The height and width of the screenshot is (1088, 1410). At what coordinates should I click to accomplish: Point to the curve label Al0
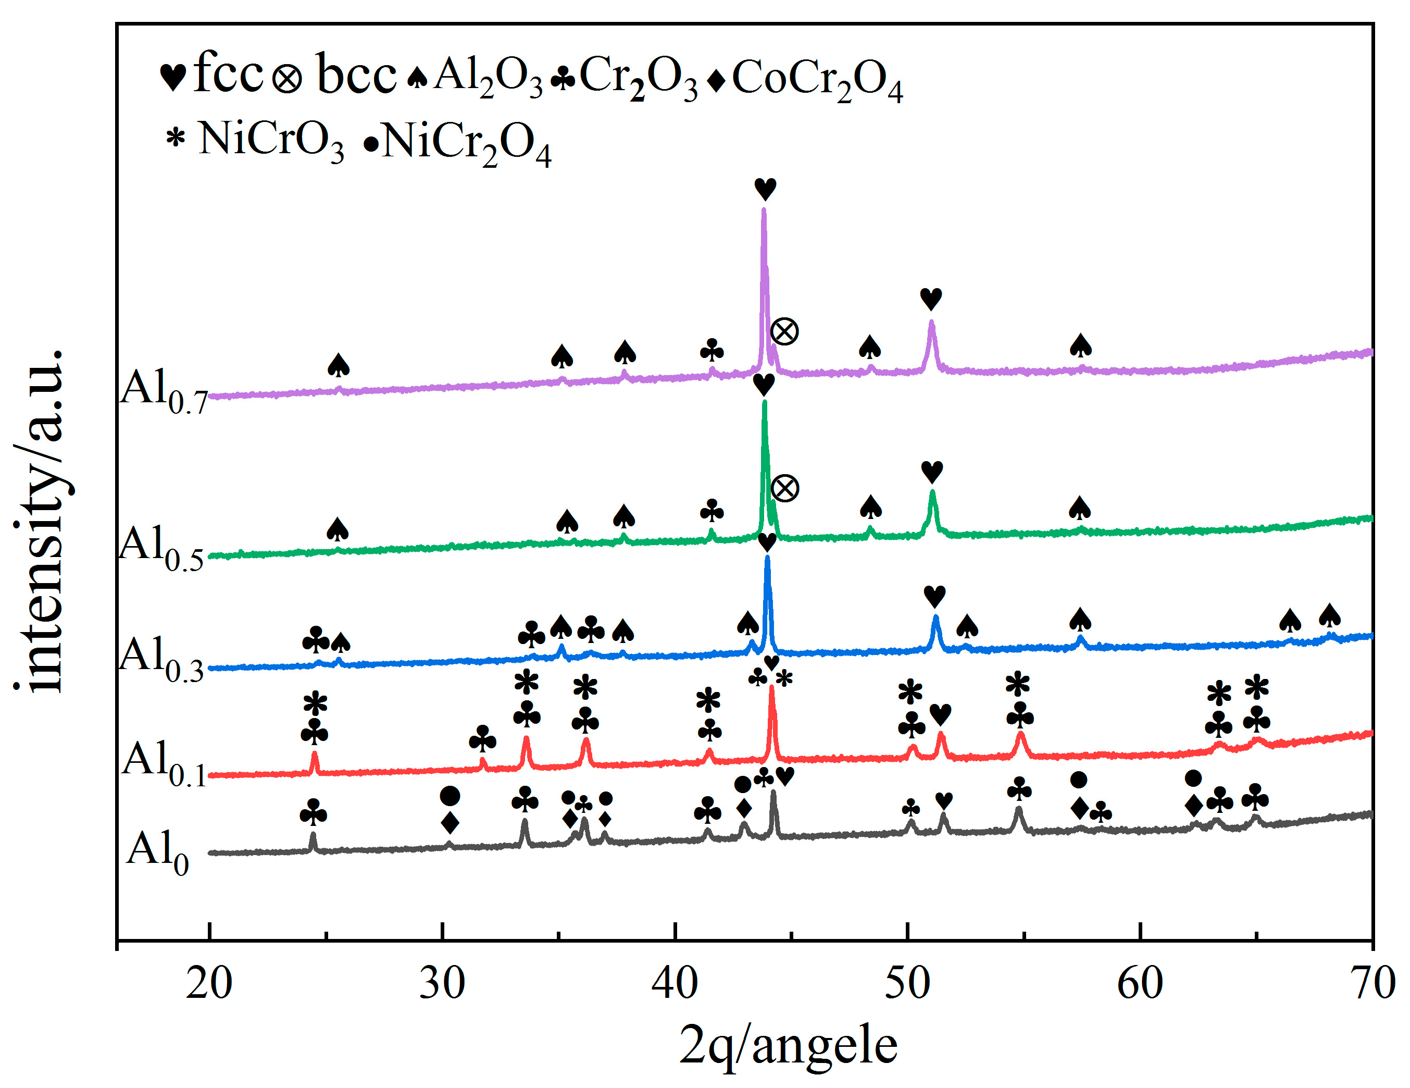[157, 852]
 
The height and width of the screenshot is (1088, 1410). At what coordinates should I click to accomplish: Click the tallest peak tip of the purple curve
[764, 209]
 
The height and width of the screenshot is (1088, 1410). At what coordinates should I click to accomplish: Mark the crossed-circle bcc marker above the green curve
[785, 488]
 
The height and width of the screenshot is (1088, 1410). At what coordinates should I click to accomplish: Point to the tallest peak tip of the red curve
[771, 687]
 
